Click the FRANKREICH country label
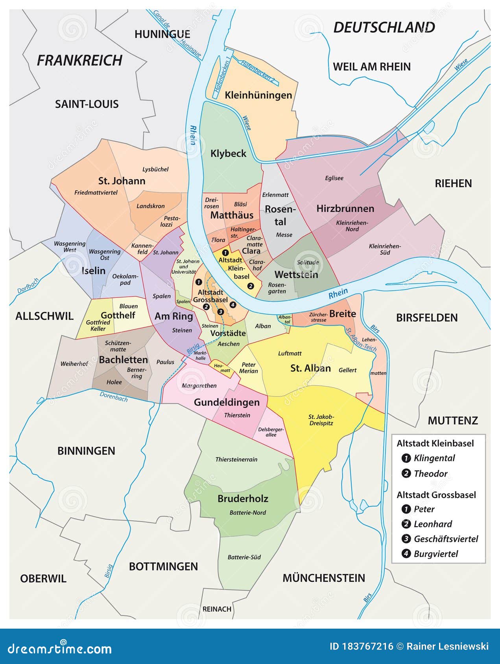point(79,61)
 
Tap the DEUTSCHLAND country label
point(384,28)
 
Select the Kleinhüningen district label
point(258,95)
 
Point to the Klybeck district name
point(228,153)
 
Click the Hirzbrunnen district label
point(345,209)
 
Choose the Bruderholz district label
point(243,499)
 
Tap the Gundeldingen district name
point(227,402)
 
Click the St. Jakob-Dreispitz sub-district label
point(321,420)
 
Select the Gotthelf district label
point(118,315)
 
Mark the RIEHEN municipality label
point(453,183)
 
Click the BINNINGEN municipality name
point(86,451)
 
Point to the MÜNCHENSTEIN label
point(324,578)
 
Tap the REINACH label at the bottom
point(217,609)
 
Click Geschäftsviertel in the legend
point(446,539)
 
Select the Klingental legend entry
point(434,458)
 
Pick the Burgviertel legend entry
point(435,554)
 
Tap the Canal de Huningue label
point(177,33)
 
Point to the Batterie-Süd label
point(244,557)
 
